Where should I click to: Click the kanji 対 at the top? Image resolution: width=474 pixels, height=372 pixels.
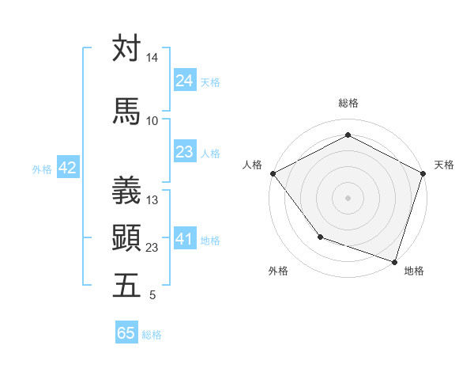[126, 48]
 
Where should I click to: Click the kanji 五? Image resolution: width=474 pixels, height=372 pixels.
[126, 285]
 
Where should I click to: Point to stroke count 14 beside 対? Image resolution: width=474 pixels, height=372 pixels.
[152, 59]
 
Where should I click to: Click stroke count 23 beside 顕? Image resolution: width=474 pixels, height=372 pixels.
[152, 248]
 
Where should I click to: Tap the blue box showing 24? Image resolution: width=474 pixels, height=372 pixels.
[185, 81]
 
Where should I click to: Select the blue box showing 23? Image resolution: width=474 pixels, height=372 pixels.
[185, 152]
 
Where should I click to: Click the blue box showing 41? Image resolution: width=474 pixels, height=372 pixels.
[185, 239]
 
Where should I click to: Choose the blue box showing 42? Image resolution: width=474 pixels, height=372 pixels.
[67, 168]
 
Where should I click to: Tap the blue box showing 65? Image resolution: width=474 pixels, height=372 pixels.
[126, 333]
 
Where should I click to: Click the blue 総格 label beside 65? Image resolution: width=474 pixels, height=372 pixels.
[152, 335]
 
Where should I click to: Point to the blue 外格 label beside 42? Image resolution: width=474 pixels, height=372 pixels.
[42, 169]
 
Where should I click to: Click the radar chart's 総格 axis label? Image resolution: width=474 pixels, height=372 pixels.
[348, 103]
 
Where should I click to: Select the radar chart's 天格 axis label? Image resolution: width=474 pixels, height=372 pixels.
[444, 165]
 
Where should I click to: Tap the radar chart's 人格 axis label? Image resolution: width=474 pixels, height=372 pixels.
[252, 165]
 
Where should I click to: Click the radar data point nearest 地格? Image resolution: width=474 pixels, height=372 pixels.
[395, 261]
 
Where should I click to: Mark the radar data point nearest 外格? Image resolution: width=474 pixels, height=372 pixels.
[320, 237]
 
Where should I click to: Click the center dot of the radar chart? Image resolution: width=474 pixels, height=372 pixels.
[348, 197]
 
